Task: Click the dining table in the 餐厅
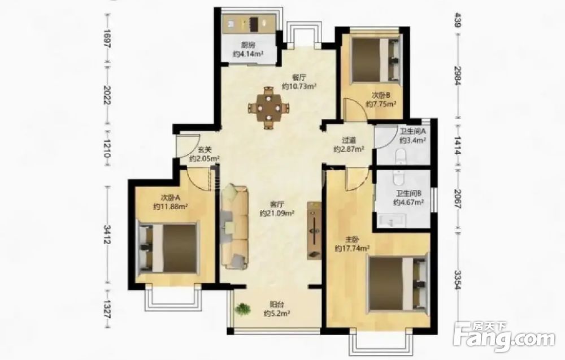(268, 107)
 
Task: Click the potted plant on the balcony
(242, 310)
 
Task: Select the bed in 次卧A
(168, 248)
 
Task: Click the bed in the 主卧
(397, 284)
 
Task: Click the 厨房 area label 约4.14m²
(248, 54)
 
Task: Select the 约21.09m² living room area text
(277, 213)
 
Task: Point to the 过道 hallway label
(349, 140)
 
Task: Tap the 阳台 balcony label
(276, 305)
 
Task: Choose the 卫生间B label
(407, 193)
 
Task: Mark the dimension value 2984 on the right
(458, 76)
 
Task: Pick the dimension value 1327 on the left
(107, 309)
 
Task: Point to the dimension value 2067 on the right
(458, 198)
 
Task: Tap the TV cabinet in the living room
(314, 231)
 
